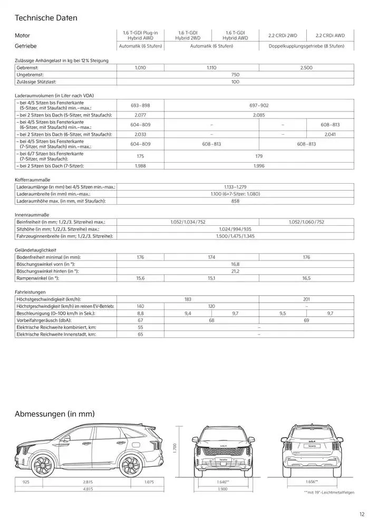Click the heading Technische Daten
tap(46, 18)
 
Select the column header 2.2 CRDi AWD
tap(330, 35)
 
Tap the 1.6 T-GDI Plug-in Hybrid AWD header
tap(140, 35)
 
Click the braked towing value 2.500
tap(306, 68)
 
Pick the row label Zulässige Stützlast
tap(36, 82)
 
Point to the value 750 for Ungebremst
tap(235, 75)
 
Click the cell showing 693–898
tap(140, 105)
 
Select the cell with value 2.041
tap(330, 134)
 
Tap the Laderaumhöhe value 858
tap(235, 201)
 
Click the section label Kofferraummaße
tap(31, 180)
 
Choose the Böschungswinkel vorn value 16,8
tap(235, 264)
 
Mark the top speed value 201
tap(306, 299)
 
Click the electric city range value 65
tap(140, 334)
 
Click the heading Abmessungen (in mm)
tap(54, 414)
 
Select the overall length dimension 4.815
tap(88, 489)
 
